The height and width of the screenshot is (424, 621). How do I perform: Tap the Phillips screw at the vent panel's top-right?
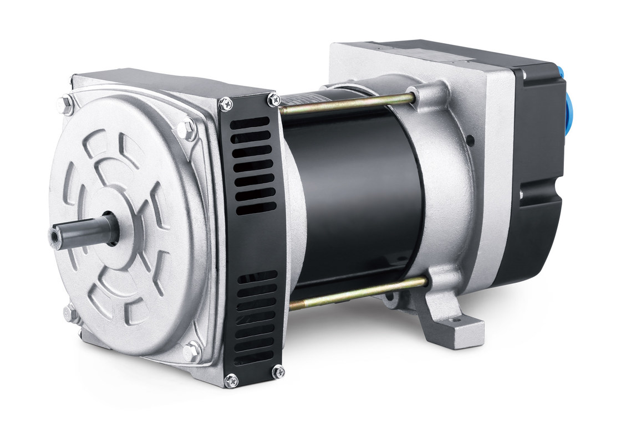pos(273,100)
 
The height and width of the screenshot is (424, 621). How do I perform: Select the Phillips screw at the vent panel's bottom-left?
pos(231,380)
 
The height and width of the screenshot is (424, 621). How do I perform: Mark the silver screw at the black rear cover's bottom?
pos(521,195)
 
